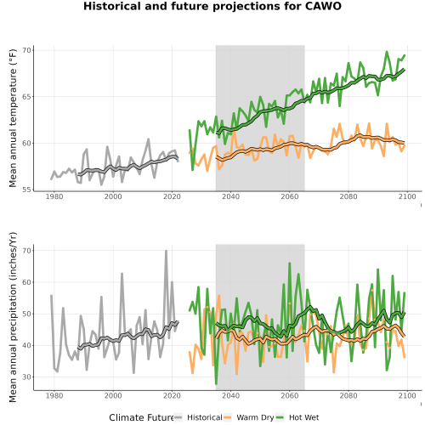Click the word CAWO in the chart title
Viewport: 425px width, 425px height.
[x=323, y=6]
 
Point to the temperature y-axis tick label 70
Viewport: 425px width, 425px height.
[x=26, y=50]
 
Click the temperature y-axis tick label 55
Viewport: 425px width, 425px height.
[x=26, y=190]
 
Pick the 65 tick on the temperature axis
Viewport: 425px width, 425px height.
[x=26, y=97]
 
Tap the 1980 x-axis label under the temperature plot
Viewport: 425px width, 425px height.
[x=54, y=196]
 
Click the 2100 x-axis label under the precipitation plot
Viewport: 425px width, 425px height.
[x=407, y=395]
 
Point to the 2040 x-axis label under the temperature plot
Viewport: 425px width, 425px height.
[x=230, y=196]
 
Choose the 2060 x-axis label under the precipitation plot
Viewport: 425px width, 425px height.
[x=290, y=395]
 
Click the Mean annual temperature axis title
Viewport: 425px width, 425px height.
[x=13, y=118]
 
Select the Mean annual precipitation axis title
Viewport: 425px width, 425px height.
[x=13, y=317]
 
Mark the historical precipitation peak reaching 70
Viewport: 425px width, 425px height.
[x=167, y=251]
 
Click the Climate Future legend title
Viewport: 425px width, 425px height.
[x=141, y=417]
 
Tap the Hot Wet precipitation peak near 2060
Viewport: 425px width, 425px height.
[x=290, y=263]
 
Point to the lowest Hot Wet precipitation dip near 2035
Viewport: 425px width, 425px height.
[x=216, y=383]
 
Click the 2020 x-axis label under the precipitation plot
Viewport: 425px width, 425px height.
[x=172, y=395]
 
